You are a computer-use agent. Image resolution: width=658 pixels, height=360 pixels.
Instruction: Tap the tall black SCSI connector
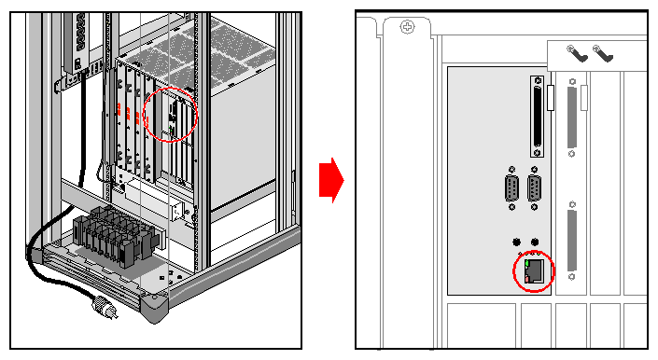[x=537, y=117]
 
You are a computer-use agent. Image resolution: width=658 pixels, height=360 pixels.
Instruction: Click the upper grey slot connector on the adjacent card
[x=572, y=118]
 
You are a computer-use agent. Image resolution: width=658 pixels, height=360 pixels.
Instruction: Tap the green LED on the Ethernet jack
[x=527, y=263]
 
